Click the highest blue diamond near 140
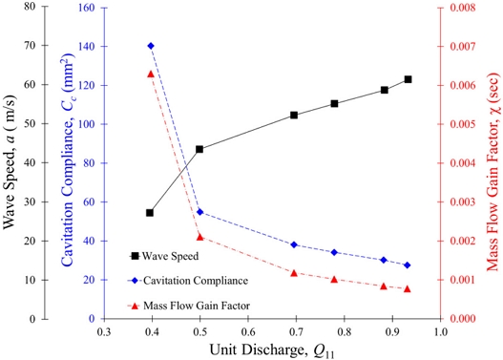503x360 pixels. [151, 46]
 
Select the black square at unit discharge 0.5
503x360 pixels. [199, 149]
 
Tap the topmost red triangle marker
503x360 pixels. [151, 74]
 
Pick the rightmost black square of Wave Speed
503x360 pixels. [408, 79]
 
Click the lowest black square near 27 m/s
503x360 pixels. [150, 213]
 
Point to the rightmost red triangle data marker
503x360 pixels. [408, 288]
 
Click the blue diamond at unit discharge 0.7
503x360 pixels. [294, 244]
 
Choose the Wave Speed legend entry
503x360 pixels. [163, 256]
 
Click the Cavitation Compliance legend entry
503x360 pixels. [188, 281]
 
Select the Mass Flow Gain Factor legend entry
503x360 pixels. [189, 306]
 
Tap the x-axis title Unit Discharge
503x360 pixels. [272, 350]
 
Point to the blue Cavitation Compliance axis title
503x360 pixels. [68, 159]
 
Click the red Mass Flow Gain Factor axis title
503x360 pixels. [493, 172]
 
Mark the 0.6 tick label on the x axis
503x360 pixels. [248, 331]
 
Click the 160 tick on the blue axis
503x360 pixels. [87, 8]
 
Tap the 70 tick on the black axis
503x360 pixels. [30, 45]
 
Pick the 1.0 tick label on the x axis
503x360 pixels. [441, 331]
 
